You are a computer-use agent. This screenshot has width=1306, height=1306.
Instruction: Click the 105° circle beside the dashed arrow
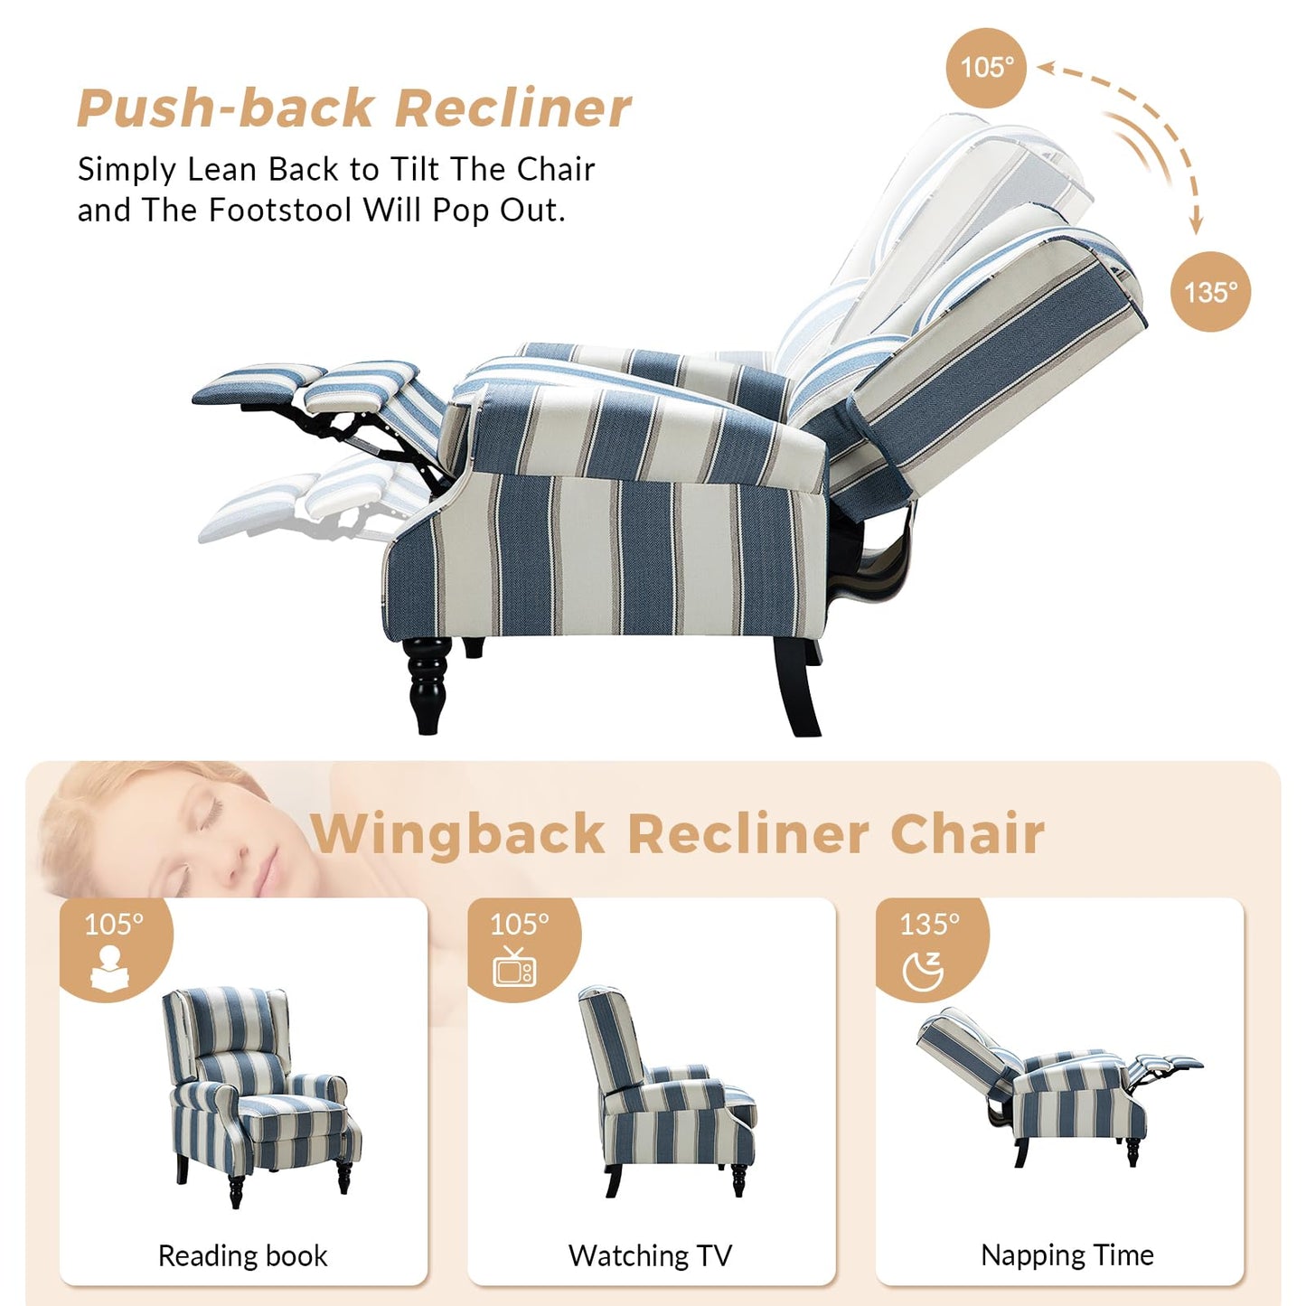pyautogui.click(x=986, y=69)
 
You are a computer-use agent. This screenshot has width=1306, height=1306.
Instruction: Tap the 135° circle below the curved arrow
pyautogui.click(x=1210, y=292)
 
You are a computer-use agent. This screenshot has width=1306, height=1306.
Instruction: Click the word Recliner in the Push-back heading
pyautogui.click(x=512, y=108)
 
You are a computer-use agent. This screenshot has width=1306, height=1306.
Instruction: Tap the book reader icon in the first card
pyautogui.click(x=110, y=968)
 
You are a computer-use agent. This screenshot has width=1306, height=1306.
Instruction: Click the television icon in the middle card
pyautogui.click(x=514, y=967)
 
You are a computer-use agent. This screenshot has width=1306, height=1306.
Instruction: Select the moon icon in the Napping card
pyautogui.click(x=923, y=971)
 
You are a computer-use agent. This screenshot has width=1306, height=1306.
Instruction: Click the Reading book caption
pyautogui.click(x=242, y=1255)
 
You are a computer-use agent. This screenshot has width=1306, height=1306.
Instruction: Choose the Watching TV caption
pyautogui.click(x=650, y=1255)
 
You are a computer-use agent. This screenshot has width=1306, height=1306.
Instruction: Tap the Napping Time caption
pyautogui.click(x=1066, y=1254)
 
